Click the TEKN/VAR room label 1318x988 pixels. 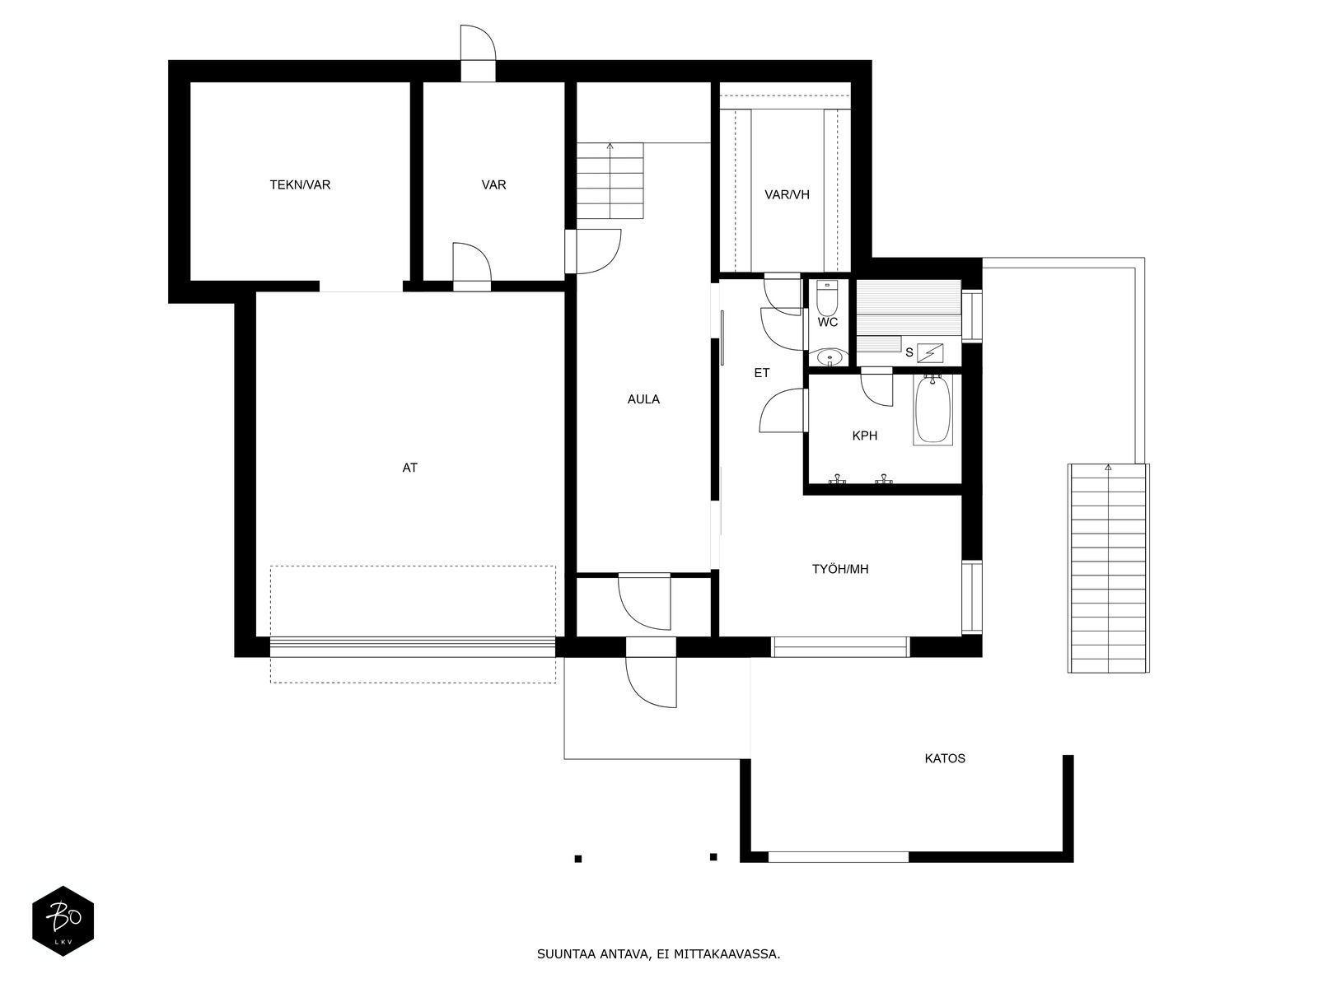[x=300, y=184]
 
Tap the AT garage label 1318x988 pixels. [x=409, y=468]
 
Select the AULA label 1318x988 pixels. [x=643, y=399]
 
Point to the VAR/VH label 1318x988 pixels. [x=787, y=195]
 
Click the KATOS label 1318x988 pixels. [x=945, y=758]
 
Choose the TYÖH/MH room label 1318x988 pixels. [x=840, y=569]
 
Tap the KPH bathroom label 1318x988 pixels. [x=865, y=436]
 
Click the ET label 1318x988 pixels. [x=761, y=373]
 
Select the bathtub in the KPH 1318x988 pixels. [x=932, y=409]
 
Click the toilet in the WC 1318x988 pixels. [x=827, y=297]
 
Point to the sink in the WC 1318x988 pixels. [x=830, y=357]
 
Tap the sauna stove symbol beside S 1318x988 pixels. [x=930, y=353]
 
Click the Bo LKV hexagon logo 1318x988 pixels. [x=63, y=920]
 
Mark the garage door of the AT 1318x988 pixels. [x=413, y=646]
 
